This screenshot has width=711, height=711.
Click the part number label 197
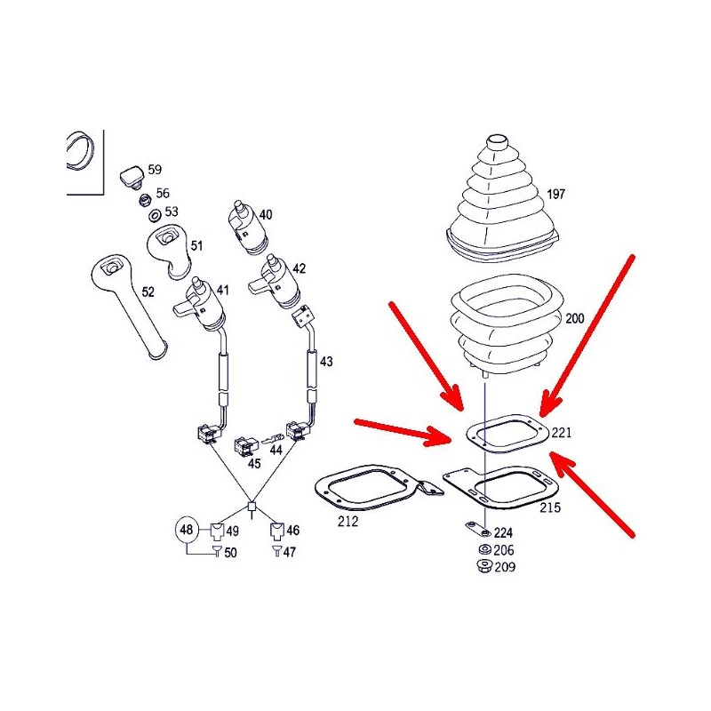coord(556,194)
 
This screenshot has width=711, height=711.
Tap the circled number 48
coord(187,529)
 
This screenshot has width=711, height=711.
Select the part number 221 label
coord(562,433)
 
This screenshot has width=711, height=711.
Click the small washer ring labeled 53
coord(154,215)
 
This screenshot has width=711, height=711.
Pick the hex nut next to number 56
coord(145,200)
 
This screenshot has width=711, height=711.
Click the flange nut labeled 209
coord(483,566)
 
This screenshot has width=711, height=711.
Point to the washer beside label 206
coord(484,550)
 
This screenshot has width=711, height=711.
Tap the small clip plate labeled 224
coord(477,529)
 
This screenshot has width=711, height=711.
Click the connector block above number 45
coord(245,446)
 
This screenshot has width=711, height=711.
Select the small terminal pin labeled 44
coord(273,439)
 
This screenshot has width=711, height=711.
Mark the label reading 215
coord(549,507)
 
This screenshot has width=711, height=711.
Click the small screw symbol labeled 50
coord(218,551)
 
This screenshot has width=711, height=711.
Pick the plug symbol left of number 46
coord(277,531)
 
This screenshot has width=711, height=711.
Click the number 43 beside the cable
coord(326,362)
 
